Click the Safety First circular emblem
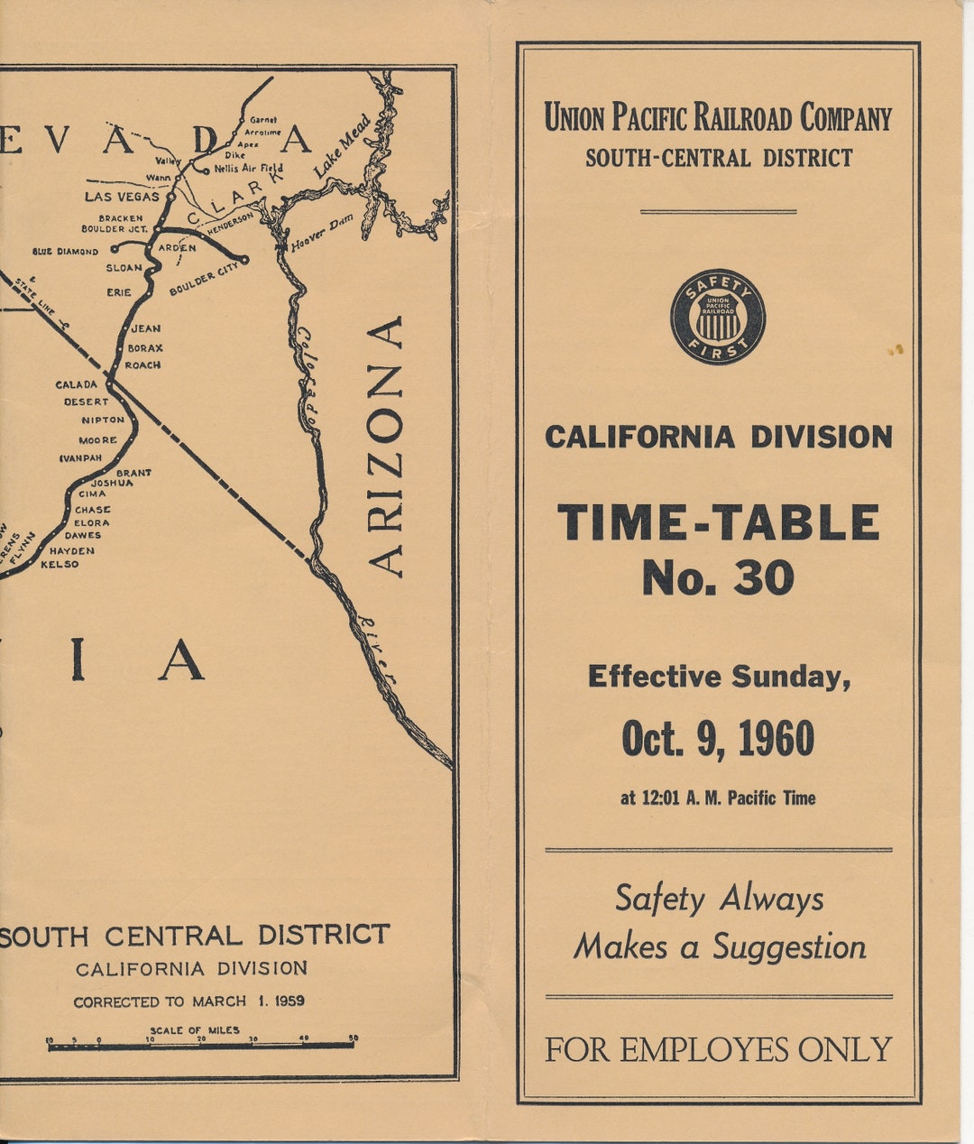point(717,317)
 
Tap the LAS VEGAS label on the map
point(122,197)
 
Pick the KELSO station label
point(60,565)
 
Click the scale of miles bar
point(202,1045)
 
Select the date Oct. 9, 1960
point(718,740)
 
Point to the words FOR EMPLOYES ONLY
point(718,1050)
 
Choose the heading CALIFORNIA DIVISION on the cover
point(718,438)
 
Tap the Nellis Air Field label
point(248,168)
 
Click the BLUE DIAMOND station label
point(65,252)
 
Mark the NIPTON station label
point(103,420)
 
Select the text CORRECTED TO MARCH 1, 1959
point(189,1001)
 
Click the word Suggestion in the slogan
point(789,947)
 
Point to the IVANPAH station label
point(81,458)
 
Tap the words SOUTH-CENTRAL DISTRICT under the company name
point(718,159)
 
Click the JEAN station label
point(146,329)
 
